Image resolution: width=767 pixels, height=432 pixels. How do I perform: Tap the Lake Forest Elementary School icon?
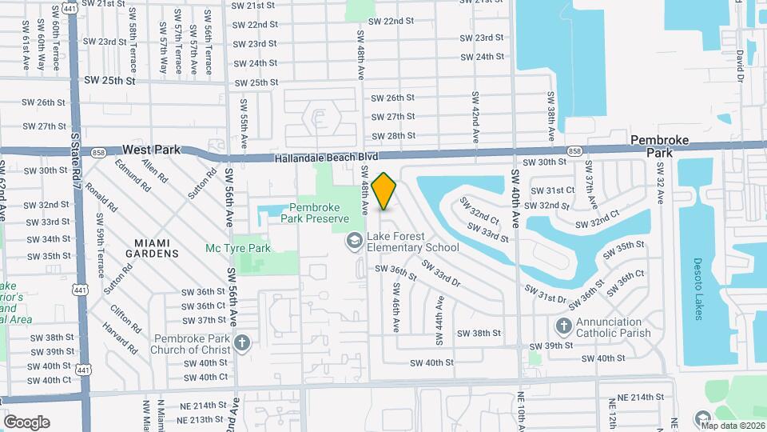coord(353,240)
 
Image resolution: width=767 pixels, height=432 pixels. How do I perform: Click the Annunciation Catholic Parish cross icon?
coord(563,326)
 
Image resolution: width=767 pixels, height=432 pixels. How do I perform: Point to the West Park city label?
coord(153,150)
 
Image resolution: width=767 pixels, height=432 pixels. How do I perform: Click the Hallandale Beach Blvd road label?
coord(325,158)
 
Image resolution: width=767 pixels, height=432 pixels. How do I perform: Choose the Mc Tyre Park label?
coord(238,249)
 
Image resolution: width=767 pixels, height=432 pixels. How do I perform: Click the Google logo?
coord(26,422)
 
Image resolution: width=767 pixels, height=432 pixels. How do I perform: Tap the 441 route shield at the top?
coord(70,8)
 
